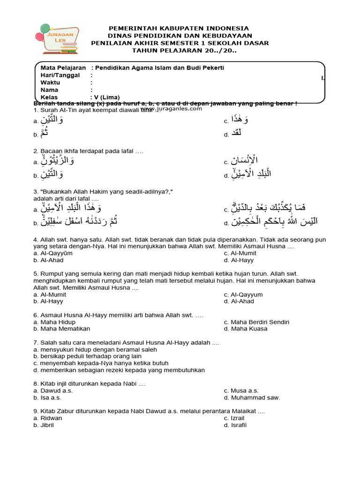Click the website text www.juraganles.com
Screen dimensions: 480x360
171,109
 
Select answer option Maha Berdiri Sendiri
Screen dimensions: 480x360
256,322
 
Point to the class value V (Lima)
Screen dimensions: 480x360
104,97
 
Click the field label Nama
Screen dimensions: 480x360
49,90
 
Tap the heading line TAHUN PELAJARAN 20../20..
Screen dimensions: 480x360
180,51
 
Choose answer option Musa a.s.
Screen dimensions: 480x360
241,390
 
